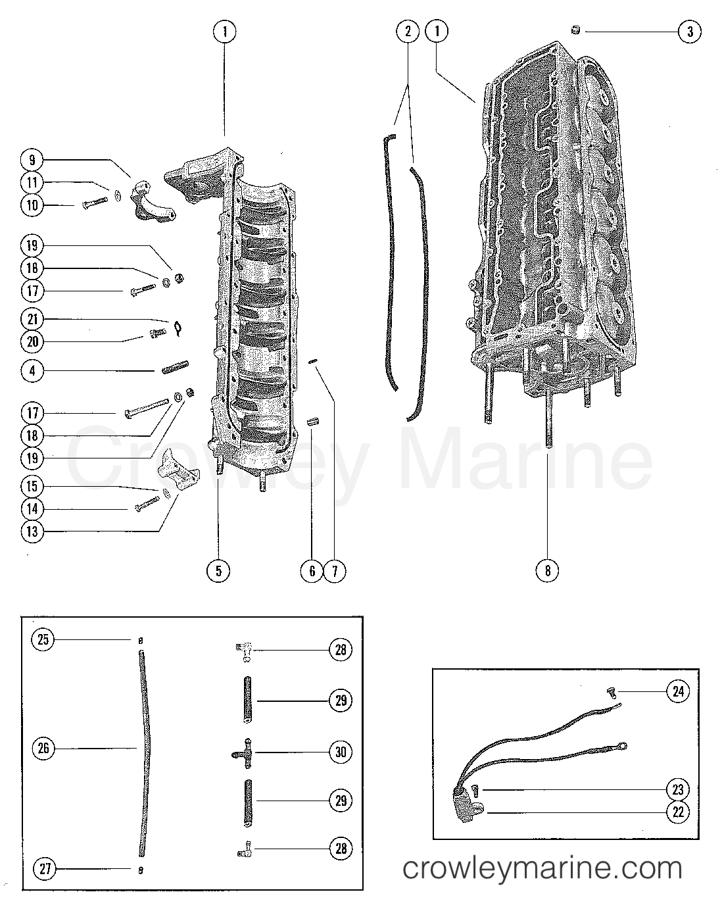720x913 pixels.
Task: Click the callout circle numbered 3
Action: [689, 32]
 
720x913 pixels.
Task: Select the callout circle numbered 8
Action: [548, 570]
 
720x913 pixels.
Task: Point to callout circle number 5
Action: [218, 570]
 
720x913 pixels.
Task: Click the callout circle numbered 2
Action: [408, 31]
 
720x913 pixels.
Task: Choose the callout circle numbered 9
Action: [32, 160]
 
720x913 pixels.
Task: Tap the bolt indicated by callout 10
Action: [95, 203]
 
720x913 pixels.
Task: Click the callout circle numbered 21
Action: [32, 320]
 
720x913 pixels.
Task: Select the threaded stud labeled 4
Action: [175, 366]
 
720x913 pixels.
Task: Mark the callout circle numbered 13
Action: [32, 531]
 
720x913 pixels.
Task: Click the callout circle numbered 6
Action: [312, 570]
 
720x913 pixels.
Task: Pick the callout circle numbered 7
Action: [334, 570]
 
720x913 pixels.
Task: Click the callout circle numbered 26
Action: [44, 748]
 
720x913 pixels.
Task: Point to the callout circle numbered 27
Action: [44, 869]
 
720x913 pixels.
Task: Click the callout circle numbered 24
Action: [679, 691]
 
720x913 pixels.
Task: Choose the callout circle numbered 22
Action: [679, 812]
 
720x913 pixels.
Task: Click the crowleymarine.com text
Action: [542, 868]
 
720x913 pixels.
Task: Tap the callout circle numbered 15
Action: [32, 487]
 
